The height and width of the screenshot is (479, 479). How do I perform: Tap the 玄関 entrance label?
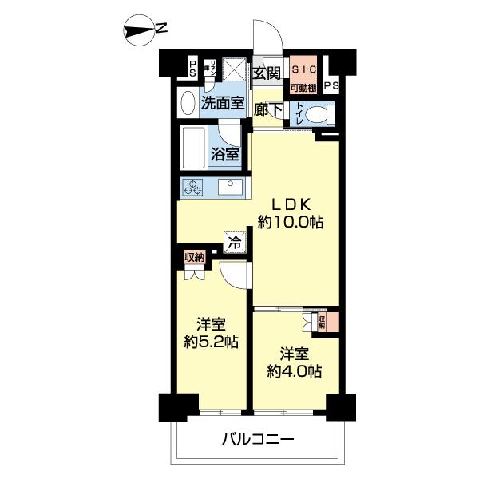pyautogui.click(x=266, y=73)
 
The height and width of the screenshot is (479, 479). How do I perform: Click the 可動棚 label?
pyautogui.click(x=303, y=87)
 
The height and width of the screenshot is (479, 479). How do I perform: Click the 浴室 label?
pyautogui.click(x=224, y=154)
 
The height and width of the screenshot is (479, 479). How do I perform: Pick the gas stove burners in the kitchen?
pyautogui.click(x=193, y=188)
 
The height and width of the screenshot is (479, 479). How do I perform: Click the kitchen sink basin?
pyautogui.click(x=231, y=188)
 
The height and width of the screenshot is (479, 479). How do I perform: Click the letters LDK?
pyautogui.click(x=290, y=204)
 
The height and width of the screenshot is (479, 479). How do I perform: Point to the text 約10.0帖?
pyautogui.click(x=290, y=223)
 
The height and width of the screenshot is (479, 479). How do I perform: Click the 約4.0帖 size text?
pyautogui.click(x=294, y=371)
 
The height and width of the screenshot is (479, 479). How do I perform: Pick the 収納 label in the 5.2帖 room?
pyautogui.click(x=194, y=256)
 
